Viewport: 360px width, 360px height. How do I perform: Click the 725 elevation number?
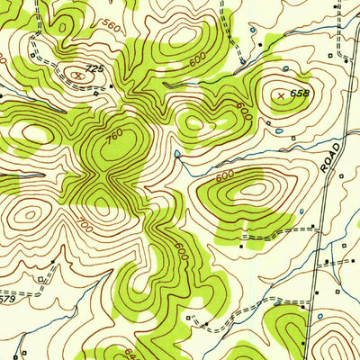pos(93,68)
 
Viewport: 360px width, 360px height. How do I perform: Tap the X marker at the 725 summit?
pos(80,76)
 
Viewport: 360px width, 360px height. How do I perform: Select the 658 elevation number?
pos(300,93)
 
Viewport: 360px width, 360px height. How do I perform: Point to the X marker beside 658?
pos(282,94)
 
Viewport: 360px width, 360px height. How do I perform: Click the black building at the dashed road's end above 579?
pos(51,262)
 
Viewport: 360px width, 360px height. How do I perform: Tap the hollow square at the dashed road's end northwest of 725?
pos(31,56)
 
